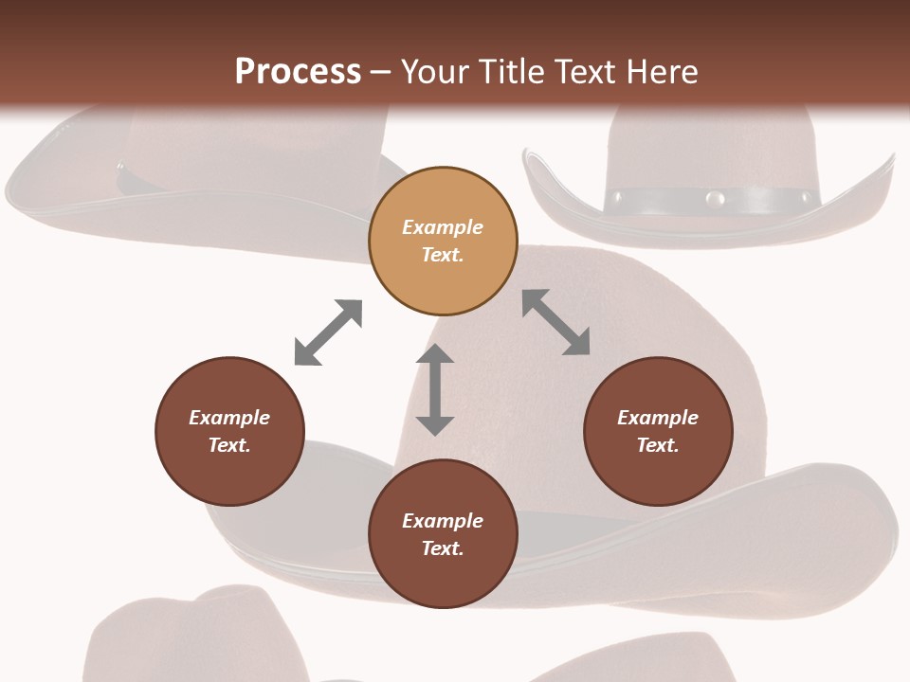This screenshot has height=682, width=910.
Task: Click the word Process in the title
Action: (x=298, y=72)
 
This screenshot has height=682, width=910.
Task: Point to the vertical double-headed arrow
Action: (x=435, y=389)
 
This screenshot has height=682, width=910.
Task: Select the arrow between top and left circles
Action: (x=328, y=332)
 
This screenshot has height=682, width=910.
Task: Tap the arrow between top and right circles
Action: (x=556, y=322)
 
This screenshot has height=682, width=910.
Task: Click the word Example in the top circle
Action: (x=443, y=227)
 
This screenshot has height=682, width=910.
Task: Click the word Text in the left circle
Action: (x=229, y=445)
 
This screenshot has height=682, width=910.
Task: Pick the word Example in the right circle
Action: (x=658, y=418)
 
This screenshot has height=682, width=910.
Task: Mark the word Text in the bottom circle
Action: (x=443, y=548)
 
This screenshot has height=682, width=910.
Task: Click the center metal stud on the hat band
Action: (x=715, y=199)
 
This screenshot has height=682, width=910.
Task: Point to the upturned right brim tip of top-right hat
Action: (x=888, y=163)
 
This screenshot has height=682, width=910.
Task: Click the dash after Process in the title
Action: (x=381, y=72)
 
